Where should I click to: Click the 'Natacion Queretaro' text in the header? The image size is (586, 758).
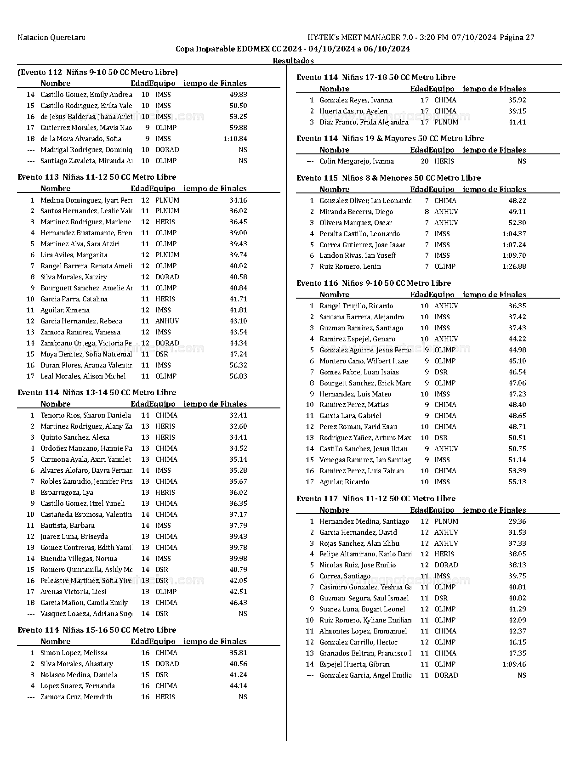[x=51, y=38]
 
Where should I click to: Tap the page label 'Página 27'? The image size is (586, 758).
[x=517, y=38]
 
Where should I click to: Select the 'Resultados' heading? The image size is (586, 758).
[x=293, y=61]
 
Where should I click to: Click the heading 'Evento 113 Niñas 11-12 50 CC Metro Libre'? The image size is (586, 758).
[x=97, y=177]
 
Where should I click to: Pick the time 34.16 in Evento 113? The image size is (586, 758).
[x=238, y=200]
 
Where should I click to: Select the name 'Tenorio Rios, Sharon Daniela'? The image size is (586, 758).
[x=85, y=415]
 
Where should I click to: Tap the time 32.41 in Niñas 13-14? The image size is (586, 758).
[x=238, y=415]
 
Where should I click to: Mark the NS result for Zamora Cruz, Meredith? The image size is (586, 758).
[x=243, y=697]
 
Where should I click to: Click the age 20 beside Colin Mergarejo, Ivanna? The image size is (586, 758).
[x=425, y=161]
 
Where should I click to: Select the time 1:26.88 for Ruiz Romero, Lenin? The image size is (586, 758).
[x=514, y=266]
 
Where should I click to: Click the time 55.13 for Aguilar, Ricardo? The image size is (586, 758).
[x=517, y=482]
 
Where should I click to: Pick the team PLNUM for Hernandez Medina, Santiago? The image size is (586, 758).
[x=446, y=521]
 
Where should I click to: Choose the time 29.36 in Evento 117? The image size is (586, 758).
[x=517, y=521]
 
